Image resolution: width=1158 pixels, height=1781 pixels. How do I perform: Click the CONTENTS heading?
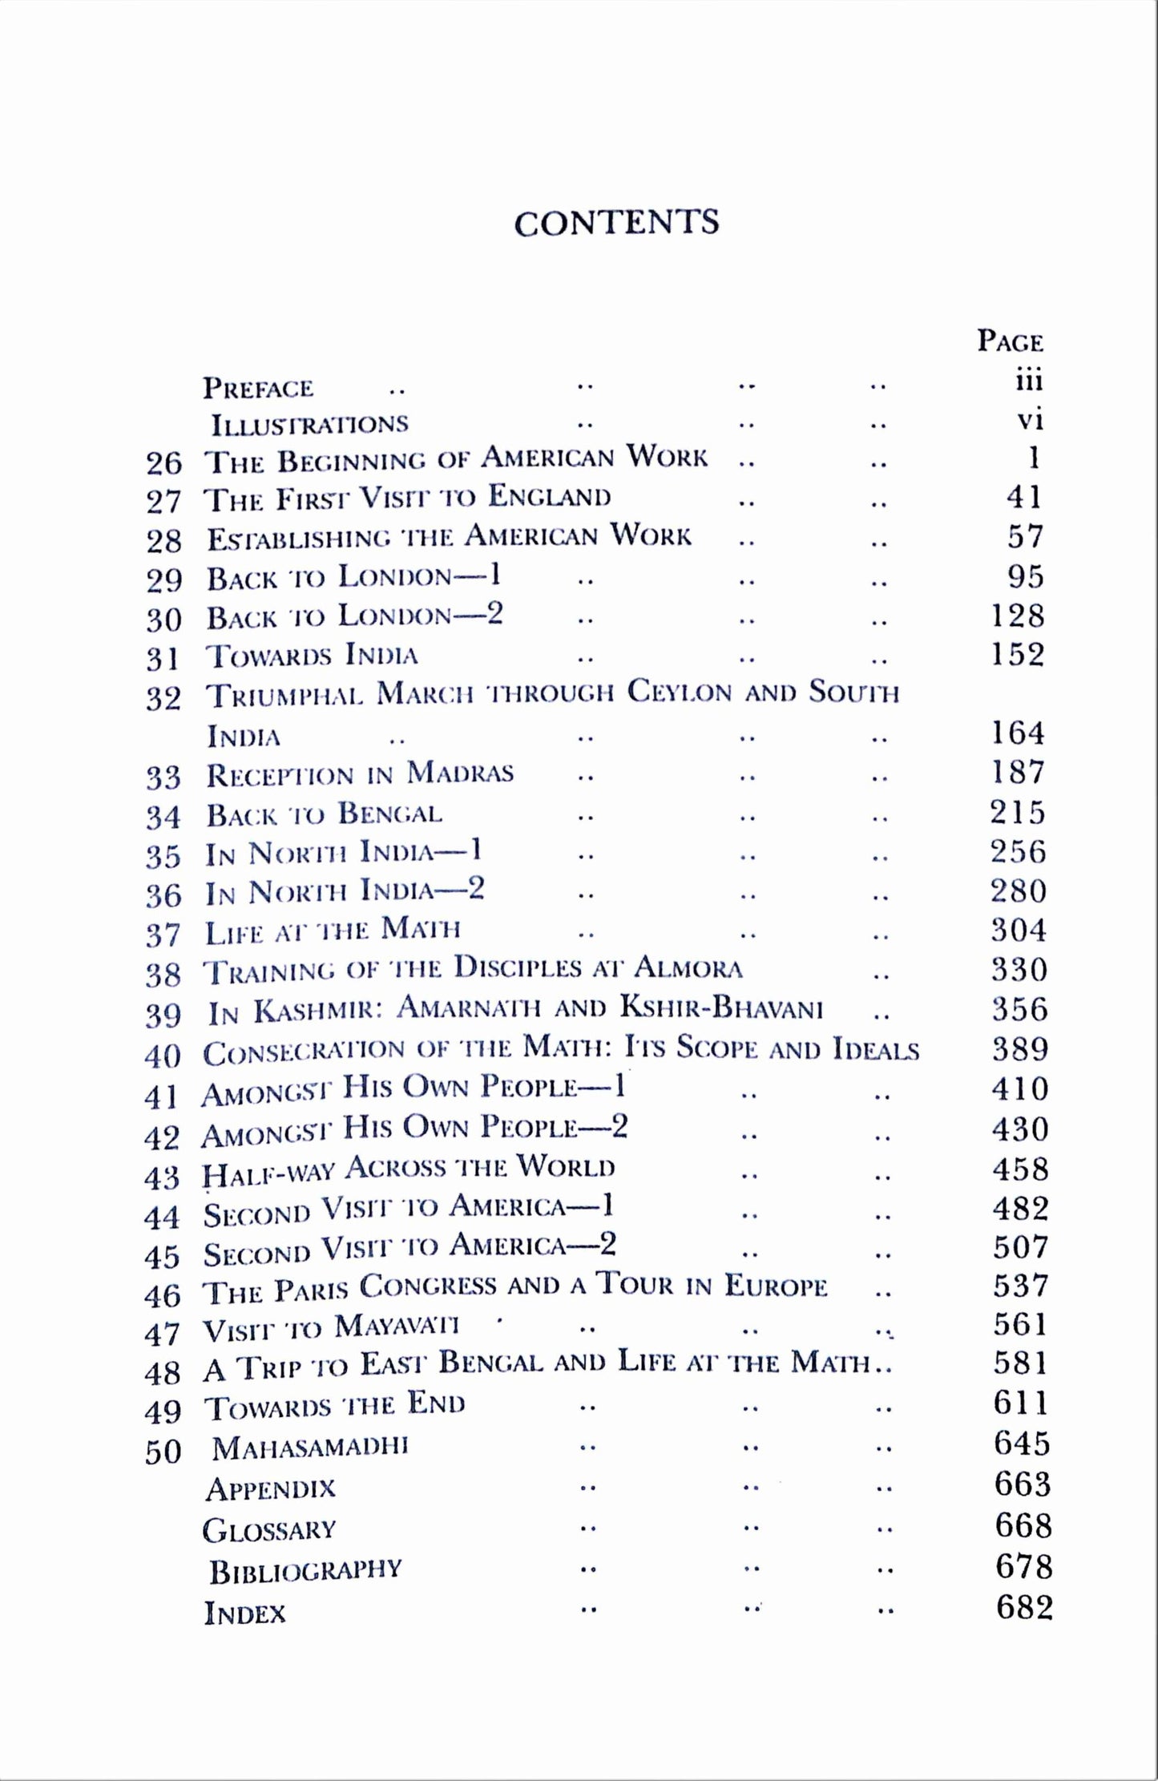tap(616, 223)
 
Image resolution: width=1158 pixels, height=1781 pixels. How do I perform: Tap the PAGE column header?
tap(1010, 341)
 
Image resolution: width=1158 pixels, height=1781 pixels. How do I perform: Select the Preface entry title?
tap(257, 388)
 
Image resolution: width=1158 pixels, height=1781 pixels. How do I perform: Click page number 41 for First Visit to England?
tap(1023, 497)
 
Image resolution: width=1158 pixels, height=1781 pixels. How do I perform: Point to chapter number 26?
tap(163, 462)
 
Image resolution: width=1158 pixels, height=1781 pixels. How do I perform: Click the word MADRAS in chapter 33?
tap(460, 773)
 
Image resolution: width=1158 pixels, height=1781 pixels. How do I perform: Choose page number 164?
tap(1018, 733)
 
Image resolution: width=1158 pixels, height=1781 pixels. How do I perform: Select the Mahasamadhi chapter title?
tap(310, 1448)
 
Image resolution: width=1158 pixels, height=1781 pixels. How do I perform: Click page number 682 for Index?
tap(1023, 1607)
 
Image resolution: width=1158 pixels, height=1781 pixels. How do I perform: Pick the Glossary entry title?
tap(268, 1530)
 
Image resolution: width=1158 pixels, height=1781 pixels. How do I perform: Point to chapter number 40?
tap(163, 1056)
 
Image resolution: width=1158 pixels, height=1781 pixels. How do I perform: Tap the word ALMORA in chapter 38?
tap(688, 968)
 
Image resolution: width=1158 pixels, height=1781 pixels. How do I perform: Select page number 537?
tap(1020, 1286)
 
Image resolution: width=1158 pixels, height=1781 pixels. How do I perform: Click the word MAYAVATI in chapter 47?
tap(396, 1327)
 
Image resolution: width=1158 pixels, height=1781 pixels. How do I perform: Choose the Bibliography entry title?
tap(305, 1570)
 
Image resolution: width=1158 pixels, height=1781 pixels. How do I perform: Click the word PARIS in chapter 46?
tap(307, 1290)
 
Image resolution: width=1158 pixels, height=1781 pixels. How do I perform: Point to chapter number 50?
tap(163, 1452)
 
